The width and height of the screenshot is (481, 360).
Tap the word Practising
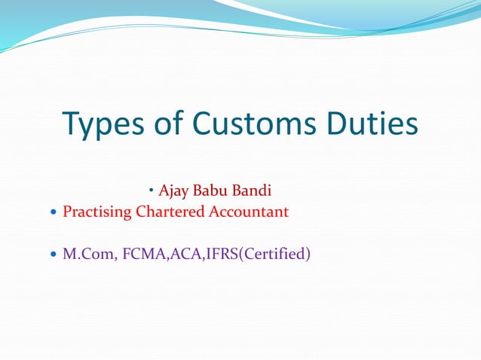[97, 212]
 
